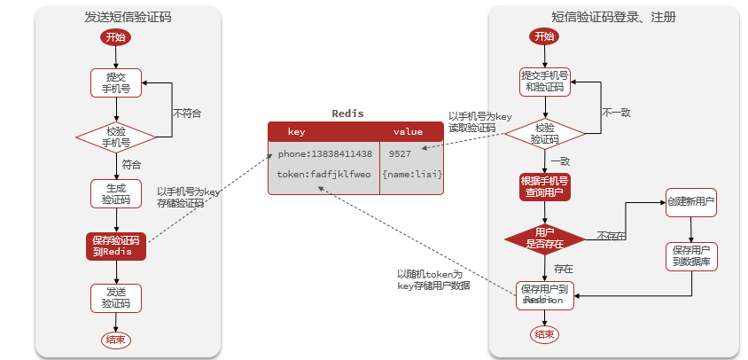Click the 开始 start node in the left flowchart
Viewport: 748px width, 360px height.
116,37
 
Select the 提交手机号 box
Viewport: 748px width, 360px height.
116,82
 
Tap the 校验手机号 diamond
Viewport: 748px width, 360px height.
116,136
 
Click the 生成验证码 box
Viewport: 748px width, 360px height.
116,193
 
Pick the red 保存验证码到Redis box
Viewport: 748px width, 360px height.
116,246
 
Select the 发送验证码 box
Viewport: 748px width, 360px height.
116,297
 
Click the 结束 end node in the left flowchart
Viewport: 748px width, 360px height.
116,340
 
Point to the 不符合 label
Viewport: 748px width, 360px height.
187,113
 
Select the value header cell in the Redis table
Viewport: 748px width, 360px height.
409,131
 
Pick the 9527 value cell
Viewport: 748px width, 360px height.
400,153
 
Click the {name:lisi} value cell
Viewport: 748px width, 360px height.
411,174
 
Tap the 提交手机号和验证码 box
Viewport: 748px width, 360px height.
545,82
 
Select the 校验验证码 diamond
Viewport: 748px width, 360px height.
545,133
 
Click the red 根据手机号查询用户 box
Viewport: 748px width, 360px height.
545,187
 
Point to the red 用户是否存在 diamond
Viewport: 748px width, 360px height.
545,238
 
